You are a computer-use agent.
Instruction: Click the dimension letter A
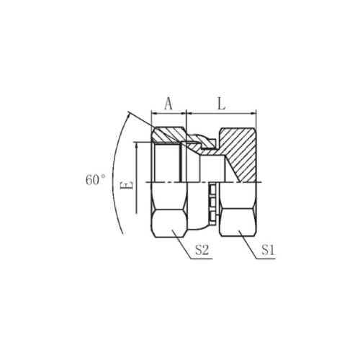(168, 104)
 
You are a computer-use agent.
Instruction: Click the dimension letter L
(221, 104)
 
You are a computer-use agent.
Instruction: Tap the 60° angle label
(96, 180)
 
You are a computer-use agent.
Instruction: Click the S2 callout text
(202, 250)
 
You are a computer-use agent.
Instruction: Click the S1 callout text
(268, 250)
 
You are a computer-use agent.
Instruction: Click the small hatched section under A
(168, 135)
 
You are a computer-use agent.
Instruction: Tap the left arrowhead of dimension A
(154, 113)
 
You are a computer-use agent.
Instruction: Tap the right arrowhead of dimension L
(253, 113)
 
